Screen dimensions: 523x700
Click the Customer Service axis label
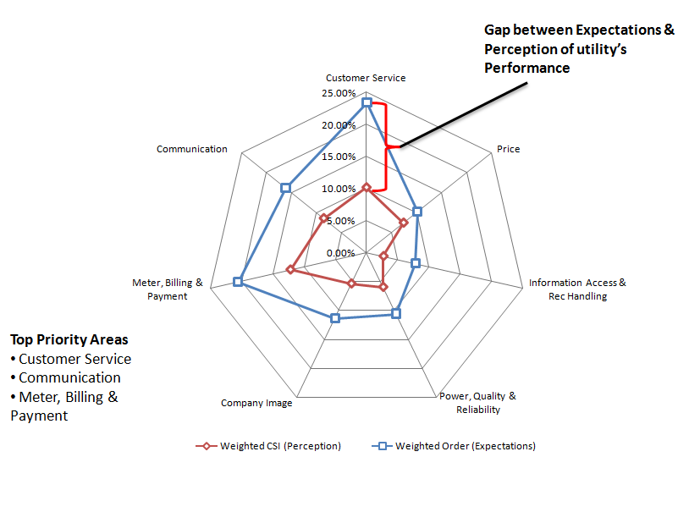366,78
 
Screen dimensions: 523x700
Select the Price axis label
508,149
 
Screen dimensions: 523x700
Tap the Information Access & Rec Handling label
577,289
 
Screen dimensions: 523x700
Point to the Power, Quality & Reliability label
477,403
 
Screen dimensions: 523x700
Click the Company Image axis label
256,403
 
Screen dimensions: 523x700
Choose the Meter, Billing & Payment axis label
168,289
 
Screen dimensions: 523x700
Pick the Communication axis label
192,149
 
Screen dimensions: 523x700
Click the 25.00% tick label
339,93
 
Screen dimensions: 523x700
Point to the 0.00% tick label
341,252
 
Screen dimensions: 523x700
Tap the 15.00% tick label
339,157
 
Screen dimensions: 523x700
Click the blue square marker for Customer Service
367,102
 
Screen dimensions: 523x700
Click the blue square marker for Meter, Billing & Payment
238,282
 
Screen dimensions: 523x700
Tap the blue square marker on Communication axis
286,187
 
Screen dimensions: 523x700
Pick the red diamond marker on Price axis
404,223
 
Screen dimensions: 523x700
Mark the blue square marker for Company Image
335,318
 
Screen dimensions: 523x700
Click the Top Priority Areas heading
69,339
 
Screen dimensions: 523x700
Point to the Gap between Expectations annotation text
579,48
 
